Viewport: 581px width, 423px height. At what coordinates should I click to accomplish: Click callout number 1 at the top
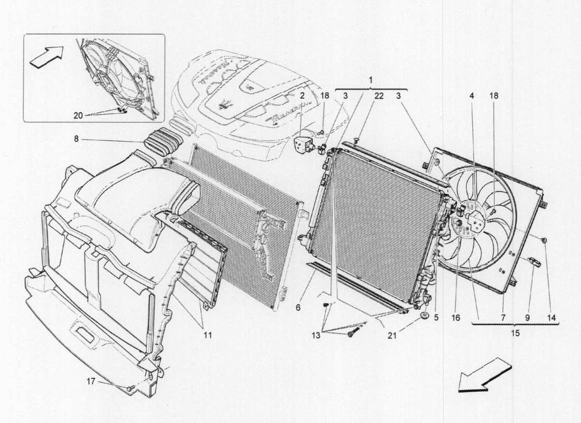[x=370, y=80]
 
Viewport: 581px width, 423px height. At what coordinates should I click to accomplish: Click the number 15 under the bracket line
[x=515, y=333]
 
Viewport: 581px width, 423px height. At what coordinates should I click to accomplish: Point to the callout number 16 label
[x=456, y=318]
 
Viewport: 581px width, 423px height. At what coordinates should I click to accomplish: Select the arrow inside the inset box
[x=45, y=56]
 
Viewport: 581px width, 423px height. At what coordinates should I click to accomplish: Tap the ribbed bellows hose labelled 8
[x=164, y=139]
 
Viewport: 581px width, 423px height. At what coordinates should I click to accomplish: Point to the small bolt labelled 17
[x=128, y=389]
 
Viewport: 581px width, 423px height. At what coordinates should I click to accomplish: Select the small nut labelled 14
[x=544, y=241]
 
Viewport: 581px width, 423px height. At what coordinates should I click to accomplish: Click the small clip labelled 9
[x=532, y=261]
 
